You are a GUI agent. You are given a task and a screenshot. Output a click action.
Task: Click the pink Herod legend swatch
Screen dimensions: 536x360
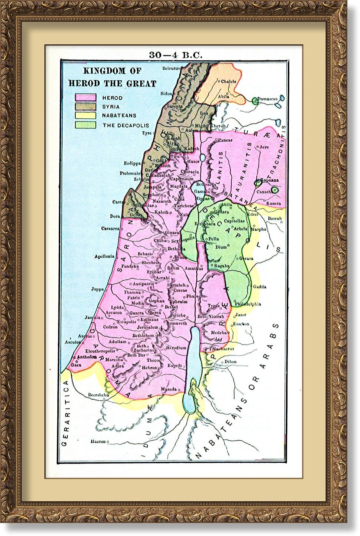(x=85, y=98)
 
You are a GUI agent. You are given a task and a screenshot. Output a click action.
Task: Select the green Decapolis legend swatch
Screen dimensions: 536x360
(x=85, y=125)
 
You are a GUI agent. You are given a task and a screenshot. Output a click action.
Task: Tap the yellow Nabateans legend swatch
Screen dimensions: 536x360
(x=85, y=116)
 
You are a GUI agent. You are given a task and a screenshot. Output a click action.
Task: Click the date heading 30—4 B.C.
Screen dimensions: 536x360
(x=176, y=55)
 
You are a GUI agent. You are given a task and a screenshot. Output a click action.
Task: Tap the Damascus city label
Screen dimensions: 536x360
(x=267, y=99)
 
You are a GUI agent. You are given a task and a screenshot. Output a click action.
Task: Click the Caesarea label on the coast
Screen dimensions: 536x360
(x=110, y=229)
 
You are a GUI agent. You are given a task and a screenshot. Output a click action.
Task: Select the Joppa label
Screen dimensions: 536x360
(x=97, y=289)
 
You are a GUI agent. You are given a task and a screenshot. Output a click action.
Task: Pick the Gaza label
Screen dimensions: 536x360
(x=76, y=365)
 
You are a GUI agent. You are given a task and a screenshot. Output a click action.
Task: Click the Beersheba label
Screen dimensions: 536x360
(x=98, y=395)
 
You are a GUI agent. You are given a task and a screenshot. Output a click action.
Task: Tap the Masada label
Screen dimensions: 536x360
(x=169, y=389)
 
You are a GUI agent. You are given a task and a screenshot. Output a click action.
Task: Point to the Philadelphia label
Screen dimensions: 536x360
(x=248, y=304)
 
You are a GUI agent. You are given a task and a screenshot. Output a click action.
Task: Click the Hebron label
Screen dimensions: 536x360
(x=149, y=368)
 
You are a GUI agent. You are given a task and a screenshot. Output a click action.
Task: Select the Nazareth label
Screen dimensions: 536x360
(x=162, y=201)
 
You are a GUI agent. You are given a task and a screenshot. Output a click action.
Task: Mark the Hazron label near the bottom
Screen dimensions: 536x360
(x=98, y=442)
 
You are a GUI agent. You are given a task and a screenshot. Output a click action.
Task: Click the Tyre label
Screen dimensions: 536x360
(x=147, y=133)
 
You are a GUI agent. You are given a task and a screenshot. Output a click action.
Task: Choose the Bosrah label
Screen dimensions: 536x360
(x=275, y=219)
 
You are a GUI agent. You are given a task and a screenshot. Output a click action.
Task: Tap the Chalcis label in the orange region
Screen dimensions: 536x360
(x=229, y=81)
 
